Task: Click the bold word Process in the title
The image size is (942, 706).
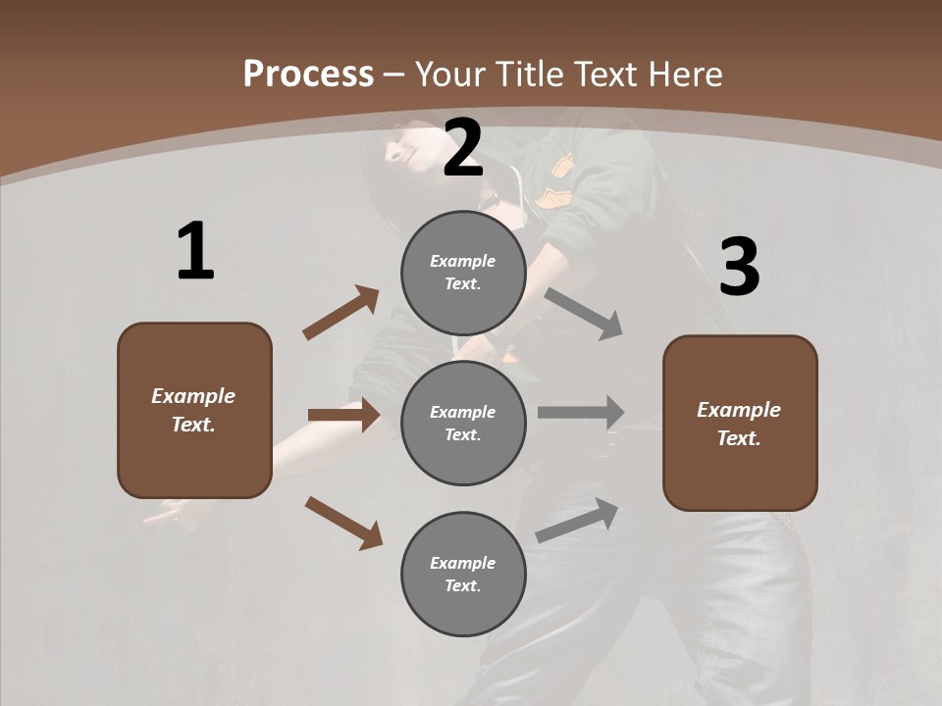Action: point(308,74)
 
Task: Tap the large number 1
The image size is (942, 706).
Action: point(195,251)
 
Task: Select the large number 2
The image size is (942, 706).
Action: point(463,148)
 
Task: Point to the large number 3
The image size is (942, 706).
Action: point(739,268)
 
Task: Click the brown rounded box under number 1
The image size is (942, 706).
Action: point(194,410)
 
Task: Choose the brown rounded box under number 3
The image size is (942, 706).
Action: point(740,423)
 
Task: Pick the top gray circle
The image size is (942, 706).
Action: point(462,273)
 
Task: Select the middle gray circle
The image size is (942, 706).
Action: point(462,423)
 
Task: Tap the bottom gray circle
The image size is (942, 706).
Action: point(462,574)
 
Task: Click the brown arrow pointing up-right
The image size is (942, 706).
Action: point(341,313)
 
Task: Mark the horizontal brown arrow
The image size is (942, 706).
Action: point(343,415)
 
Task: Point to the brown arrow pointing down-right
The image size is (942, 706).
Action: point(343,523)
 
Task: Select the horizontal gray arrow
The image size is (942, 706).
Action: point(581,412)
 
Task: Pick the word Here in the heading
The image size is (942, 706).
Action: point(685,74)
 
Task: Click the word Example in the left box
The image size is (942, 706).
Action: point(193,396)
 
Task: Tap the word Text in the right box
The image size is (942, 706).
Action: point(737,438)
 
